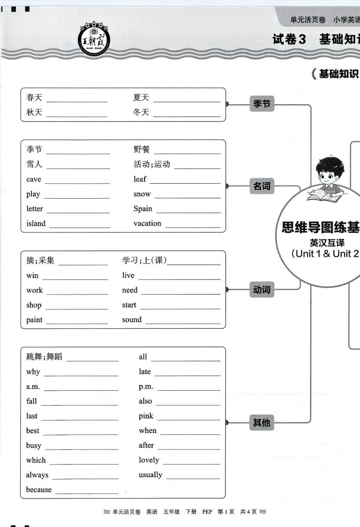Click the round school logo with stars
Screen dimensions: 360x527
pyautogui.click(x=94, y=40)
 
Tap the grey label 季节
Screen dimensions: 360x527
pyautogui.click(x=261, y=103)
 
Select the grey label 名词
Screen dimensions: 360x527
pyautogui.click(x=261, y=186)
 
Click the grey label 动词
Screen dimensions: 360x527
pyautogui.click(x=261, y=289)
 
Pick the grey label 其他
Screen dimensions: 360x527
pyautogui.click(x=261, y=422)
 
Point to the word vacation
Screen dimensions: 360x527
pyautogui.click(x=147, y=224)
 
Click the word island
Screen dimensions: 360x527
pyautogui.click(x=36, y=224)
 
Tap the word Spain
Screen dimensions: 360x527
pyautogui.click(x=143, y=209)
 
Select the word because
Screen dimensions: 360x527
pyautogui.click(x=38, y=490)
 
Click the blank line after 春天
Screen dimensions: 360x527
pyautogui.click(x=77, y=101)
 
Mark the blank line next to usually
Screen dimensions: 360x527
pyautogui.click(x=193, y=479)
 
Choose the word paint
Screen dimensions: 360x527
pyautogui.click(x=34, y=320)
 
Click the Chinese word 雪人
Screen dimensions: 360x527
pyautogui.click(x=34, y=164)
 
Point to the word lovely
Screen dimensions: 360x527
pyautogui.click(x=149, y=460)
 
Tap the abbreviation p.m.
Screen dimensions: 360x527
pyautogui.click(x=146, y=387)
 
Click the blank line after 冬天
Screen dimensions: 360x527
pyautogui.click(x=187, y=116)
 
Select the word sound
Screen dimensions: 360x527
pyautogui.click(x=131, y=319)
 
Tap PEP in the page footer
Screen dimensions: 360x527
pyautogui.click(x=207, y=512)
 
